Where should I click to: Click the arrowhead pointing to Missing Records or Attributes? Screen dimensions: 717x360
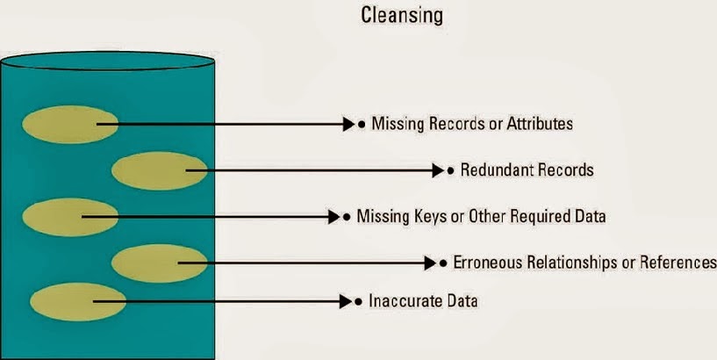click(x=348, y=125)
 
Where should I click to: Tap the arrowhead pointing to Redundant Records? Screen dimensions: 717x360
click(x=438, y=169)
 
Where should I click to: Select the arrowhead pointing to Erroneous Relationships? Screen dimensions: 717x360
click(x=430, y=263)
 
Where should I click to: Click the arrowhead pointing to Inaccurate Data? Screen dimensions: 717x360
click(x=345, y=302)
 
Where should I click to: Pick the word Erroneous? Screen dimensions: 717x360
click(x=485, y=263)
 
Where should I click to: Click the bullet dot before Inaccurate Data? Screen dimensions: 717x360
click(x=359, y=302)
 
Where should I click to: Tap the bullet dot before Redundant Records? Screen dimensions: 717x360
click(x=451, y=169)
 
